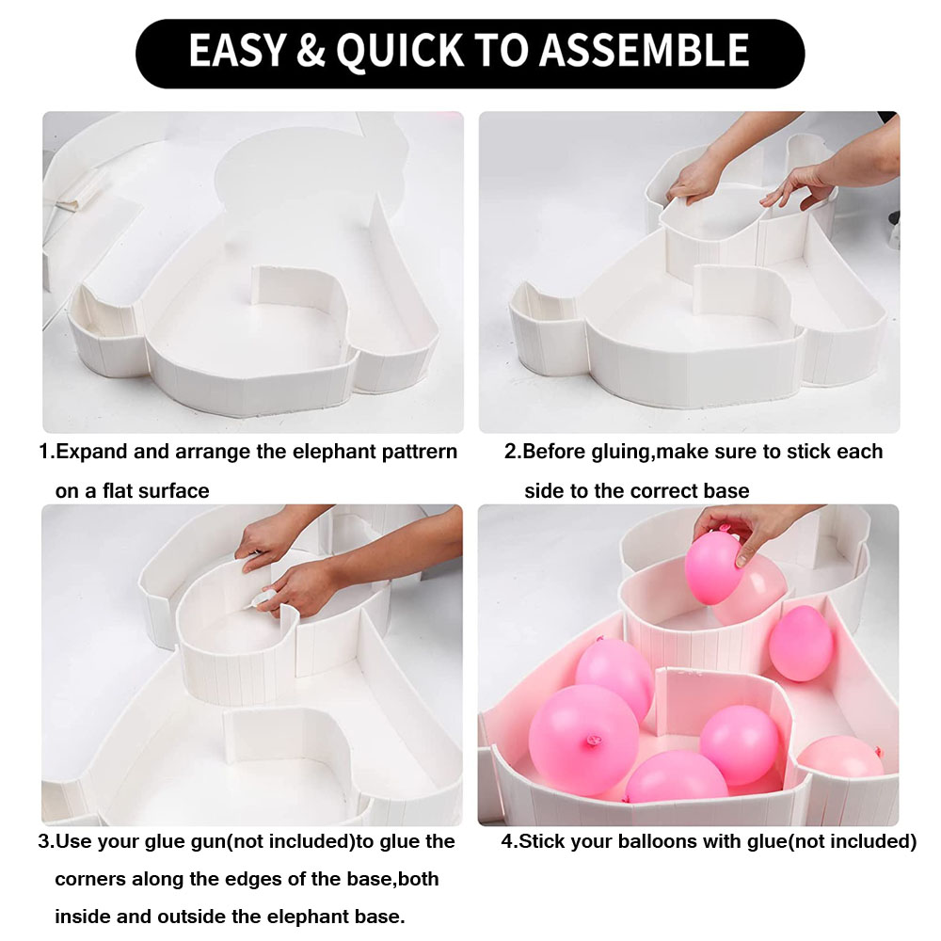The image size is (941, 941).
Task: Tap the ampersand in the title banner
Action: [311, 50]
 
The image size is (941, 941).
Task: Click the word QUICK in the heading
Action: [400, 51]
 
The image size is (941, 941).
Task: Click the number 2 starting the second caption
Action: [510, 452]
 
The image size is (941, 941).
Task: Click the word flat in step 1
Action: [114, 491]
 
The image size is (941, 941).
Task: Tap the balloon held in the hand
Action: [713, 569]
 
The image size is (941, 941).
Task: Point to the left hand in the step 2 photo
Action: [696, 179]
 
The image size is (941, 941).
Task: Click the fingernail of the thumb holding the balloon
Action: [742, 561]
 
